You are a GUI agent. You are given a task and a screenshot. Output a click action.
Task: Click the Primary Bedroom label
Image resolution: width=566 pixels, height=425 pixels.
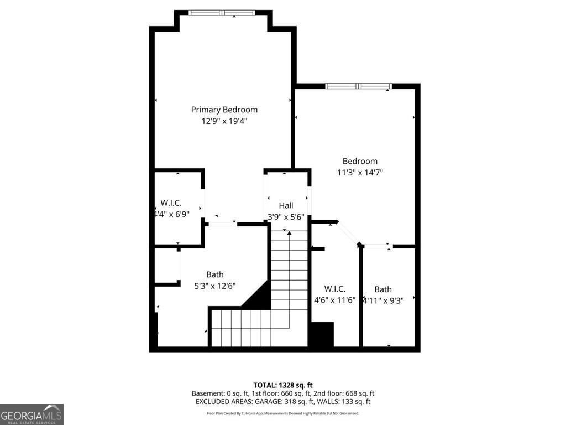(x=224, y=110)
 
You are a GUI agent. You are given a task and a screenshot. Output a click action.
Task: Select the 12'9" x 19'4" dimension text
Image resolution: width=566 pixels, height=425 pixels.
(x=224, y=121)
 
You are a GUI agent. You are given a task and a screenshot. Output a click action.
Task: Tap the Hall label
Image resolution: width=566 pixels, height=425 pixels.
(x=286, y=205)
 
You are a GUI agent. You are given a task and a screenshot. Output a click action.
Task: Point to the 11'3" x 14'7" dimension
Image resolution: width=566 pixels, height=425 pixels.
(x=360, y=172)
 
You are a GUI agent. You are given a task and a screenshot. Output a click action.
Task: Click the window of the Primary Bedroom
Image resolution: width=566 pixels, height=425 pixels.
(x=222, y=12)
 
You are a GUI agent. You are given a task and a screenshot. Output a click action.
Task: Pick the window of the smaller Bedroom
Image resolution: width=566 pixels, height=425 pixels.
(x=358, y=86)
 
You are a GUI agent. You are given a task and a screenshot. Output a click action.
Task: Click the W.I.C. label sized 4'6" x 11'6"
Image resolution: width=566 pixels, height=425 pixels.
(x=334, y=289)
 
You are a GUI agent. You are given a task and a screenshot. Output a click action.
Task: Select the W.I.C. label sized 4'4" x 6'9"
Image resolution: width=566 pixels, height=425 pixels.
(x=171, y=203)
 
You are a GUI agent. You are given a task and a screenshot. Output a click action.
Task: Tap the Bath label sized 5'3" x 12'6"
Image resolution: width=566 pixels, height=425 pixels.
(x=215, y=274)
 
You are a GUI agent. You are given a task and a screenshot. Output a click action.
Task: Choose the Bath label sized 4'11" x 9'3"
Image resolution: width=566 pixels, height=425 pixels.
(x=383, y=289)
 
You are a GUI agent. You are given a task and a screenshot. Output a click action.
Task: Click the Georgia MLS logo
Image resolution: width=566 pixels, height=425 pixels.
(x=32, y=414)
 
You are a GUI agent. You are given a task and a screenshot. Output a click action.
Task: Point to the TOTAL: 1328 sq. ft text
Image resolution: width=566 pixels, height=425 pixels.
(x=283, y=385)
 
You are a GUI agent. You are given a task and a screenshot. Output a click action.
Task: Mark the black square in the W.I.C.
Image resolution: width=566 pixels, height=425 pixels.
(x=321, y=334)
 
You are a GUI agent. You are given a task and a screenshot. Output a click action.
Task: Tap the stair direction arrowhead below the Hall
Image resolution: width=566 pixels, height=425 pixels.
(x=289, y=234)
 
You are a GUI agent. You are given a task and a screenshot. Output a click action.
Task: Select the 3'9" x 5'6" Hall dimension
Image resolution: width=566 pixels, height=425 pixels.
(x=286, y=216)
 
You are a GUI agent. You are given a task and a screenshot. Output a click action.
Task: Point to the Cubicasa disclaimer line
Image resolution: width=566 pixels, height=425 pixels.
(x=283, y=413)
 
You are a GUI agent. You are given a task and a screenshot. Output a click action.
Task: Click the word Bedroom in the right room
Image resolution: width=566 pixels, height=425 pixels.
(x=360, y=161)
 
